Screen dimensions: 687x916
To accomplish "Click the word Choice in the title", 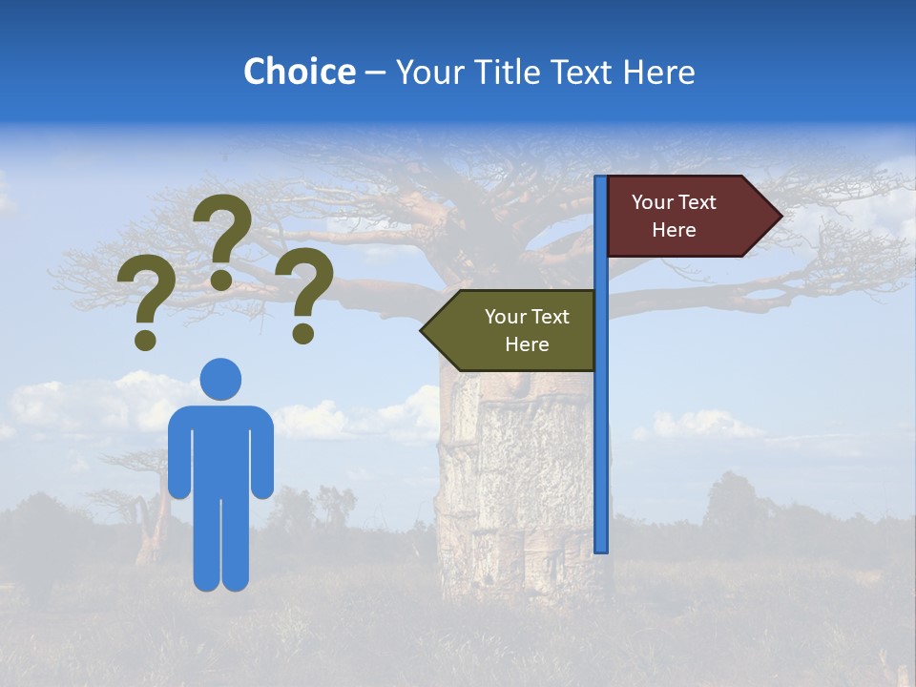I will pos(299,72).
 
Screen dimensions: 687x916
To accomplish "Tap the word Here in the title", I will pos(658,72).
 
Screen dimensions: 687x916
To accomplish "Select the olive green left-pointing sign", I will pos(515,330).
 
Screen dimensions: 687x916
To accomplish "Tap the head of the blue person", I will pos(221,379).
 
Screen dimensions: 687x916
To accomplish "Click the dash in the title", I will pos(375,73).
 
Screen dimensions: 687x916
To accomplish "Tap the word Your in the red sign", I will pos(653,202).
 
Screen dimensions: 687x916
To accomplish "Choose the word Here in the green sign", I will pos(527,344).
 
